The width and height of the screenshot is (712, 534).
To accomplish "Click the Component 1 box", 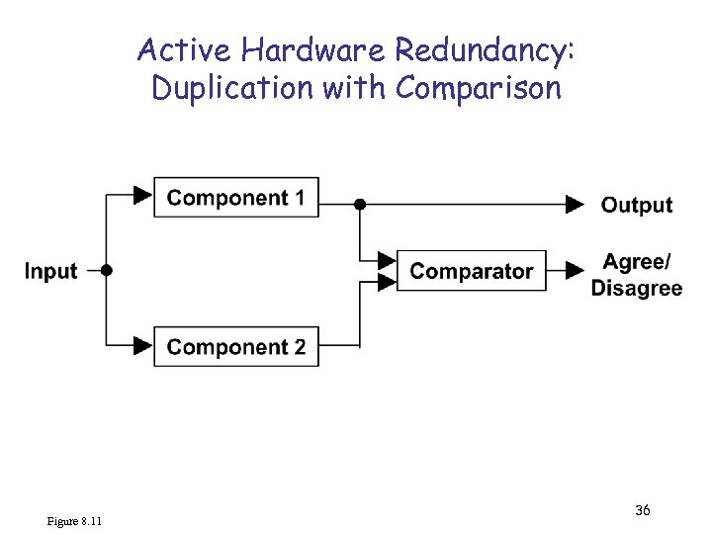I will [x=235, y=198].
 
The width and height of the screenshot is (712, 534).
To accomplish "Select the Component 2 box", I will [x=235, y=347].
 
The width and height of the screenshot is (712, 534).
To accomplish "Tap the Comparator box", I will [x=471, y=271].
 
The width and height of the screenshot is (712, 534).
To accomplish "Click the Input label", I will [x=50, y=271].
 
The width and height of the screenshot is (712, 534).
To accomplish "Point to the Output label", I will [x=637, y=206].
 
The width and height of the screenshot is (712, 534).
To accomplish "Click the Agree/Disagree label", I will [x=637, y=275].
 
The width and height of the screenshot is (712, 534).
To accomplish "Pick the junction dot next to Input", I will [x=107, y=270].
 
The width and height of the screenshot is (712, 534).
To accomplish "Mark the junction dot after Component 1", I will [x=360, y=205].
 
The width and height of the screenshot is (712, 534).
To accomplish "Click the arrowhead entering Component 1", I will [x=143, y=195].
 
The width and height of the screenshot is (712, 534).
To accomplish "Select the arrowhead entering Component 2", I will [x=143, y=345].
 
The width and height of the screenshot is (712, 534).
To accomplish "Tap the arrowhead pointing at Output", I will [x=575, y=205].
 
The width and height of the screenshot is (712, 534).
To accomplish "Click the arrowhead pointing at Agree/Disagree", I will [x=573, y=270].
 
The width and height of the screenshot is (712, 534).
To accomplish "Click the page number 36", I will [x=642, y=510].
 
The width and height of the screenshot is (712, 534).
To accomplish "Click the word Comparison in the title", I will [x=479, y=87].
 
